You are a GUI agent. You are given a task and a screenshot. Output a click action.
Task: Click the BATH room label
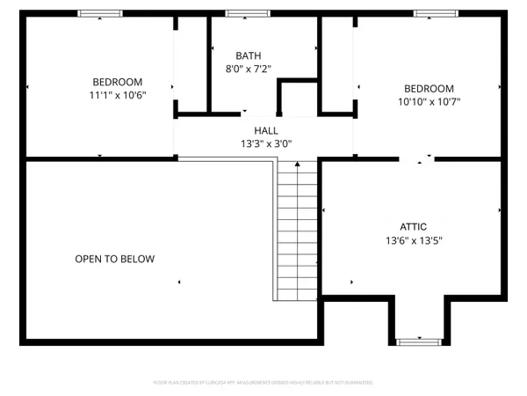[x=249, y=55]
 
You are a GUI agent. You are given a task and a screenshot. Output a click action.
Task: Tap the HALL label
[x=266, y=130]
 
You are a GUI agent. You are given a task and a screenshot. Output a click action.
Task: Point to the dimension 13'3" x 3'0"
[x=266, y=143]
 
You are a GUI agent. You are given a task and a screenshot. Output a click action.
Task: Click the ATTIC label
[x=413, y=225]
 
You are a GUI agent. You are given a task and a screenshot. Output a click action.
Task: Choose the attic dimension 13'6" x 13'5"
[x=413, y=239]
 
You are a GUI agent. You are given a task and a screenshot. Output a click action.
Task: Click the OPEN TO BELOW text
[x=114, y=259]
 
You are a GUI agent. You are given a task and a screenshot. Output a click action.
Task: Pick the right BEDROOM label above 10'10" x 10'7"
[x=429, y=88]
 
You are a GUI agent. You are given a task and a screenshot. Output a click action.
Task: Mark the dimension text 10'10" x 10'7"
[x=429, y=101]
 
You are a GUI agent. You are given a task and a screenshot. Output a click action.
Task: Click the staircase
[x=297, y=233]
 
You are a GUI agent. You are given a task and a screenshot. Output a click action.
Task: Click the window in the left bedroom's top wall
[x=100, y=14]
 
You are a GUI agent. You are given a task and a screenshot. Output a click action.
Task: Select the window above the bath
[x=239, y=14]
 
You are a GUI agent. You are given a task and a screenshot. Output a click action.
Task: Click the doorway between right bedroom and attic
[x=416, y=159]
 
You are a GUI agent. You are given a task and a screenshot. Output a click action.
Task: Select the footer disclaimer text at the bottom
[x=263, y=383]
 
